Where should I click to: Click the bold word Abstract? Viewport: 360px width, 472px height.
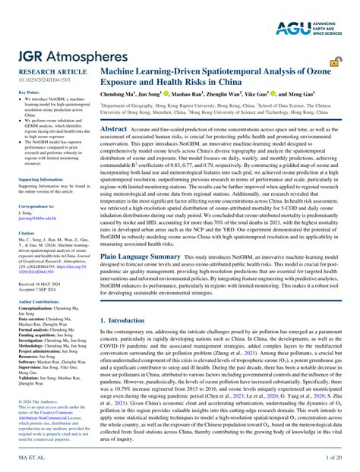pos(119,130)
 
